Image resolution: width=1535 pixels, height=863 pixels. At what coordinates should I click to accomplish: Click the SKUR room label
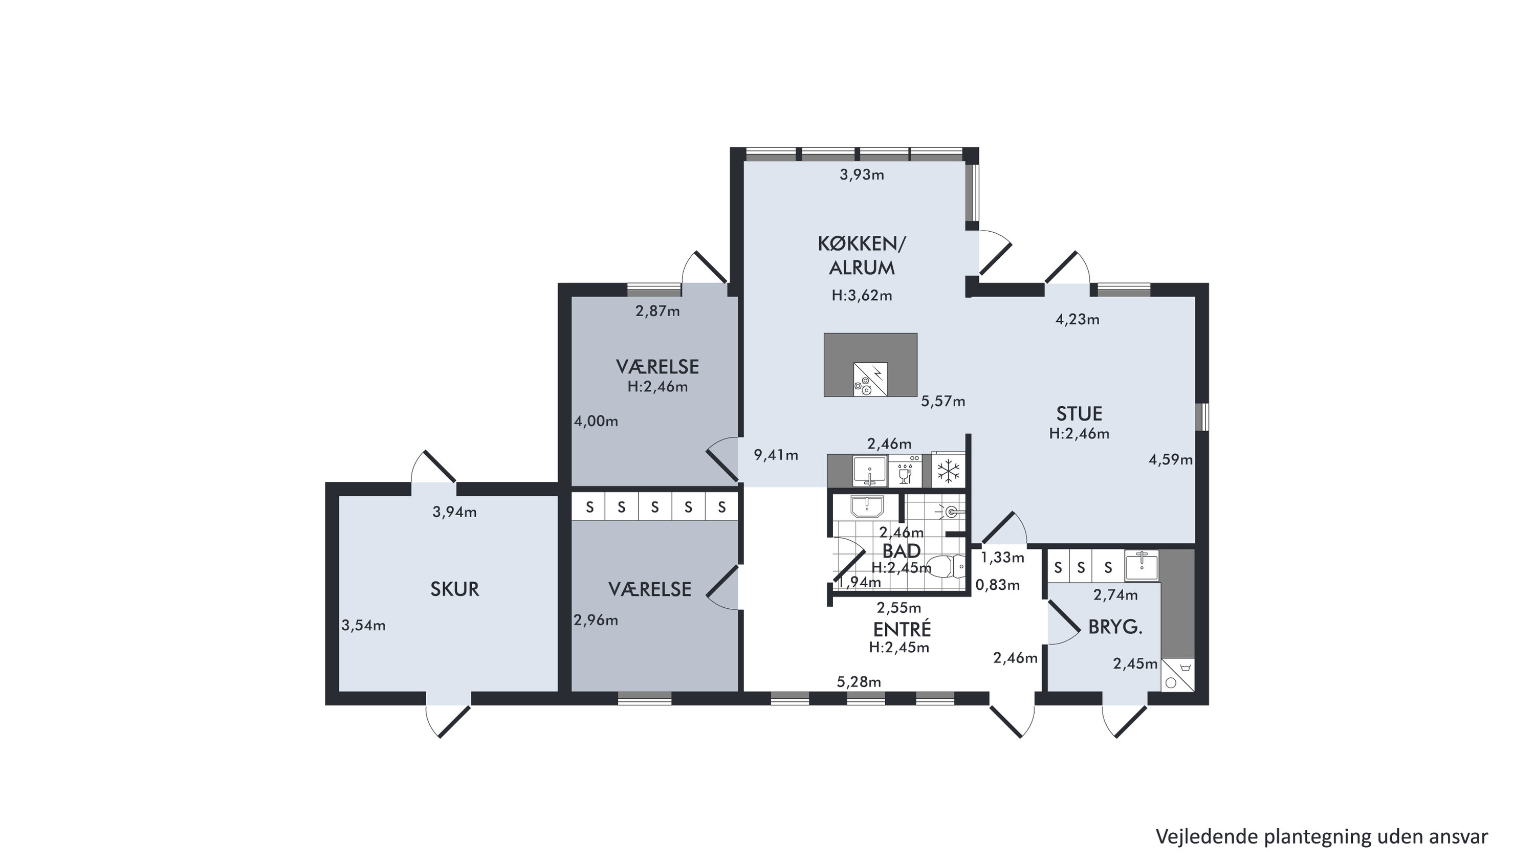[x=455, y=589]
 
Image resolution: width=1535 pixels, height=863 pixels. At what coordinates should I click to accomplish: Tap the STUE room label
[x=1079, y=413]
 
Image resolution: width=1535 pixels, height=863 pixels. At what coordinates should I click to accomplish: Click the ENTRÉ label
[x=902, y=629]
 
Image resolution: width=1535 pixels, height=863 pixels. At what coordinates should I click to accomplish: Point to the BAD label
[x=902, y=550]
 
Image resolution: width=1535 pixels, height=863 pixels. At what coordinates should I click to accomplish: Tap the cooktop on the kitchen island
[x=870, y=380]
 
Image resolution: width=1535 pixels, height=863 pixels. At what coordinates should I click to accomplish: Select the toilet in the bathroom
[x=948, y=566]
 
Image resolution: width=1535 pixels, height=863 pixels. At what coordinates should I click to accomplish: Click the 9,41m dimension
[x=776, y=455]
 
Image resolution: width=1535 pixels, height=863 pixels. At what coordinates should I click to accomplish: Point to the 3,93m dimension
[x=862, y=174]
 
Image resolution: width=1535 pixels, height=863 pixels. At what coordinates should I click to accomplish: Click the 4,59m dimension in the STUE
[x=1171, y=459]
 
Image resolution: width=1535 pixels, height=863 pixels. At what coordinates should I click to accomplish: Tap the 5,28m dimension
[x=859, y=682]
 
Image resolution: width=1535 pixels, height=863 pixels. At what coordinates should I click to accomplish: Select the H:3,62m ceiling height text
[x=862, y=295]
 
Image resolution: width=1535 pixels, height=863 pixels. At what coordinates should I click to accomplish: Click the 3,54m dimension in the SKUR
[x=363, y=625]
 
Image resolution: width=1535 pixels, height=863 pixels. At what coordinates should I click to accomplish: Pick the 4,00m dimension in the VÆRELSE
[x=596, y=421]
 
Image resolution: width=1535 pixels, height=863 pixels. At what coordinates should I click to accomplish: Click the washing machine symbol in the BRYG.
[x=1177, y=675]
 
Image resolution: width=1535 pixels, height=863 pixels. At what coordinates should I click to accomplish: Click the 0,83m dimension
[x=998, y=585]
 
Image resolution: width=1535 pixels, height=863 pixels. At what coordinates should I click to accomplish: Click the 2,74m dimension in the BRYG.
[x=1115, y=594]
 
